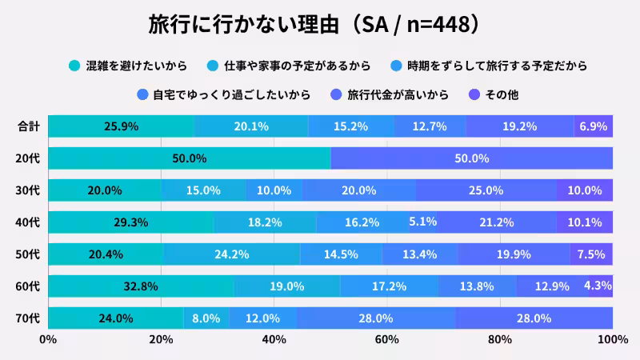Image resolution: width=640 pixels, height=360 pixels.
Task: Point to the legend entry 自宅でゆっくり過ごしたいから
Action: pos(232,94)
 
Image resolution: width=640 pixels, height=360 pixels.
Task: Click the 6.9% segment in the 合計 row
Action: pos(594,126)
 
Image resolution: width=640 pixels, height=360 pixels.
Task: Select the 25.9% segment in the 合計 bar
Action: pos(121,126)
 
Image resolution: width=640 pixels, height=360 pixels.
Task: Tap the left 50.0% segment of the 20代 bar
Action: pos(189,158)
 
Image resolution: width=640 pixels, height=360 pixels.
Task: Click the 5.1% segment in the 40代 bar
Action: pos(422,222)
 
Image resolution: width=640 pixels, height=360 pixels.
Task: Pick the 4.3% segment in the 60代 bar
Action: pos(600,286)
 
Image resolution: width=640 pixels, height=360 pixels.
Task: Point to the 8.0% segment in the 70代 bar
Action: pos(206,318)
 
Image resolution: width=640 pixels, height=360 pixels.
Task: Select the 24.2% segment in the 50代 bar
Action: pos(231,254)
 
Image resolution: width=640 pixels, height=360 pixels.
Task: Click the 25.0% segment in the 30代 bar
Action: pos(486,190)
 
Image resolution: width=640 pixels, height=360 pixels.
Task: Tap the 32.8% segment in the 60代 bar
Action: pos(140,286)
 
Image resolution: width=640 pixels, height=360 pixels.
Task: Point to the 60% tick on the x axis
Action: pos(387,340)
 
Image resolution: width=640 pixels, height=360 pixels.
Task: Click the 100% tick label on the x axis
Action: pos(612,340)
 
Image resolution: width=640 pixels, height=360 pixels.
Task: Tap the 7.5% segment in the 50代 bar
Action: pos(591,254)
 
